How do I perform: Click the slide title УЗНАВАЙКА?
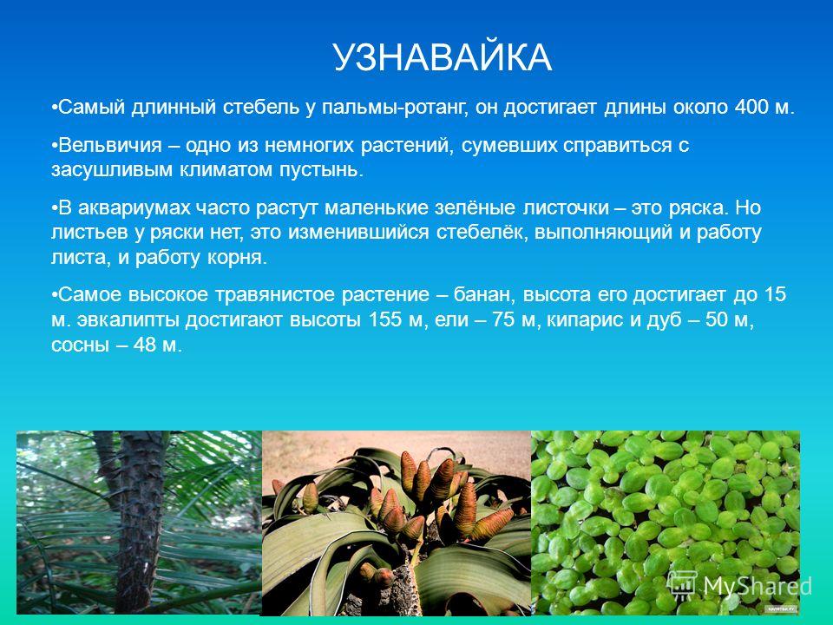[x=442, y=57]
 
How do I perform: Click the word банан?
[x=486, y=295]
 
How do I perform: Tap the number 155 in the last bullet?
[x=385, y=320]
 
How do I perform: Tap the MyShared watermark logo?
[x=740, y=586]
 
